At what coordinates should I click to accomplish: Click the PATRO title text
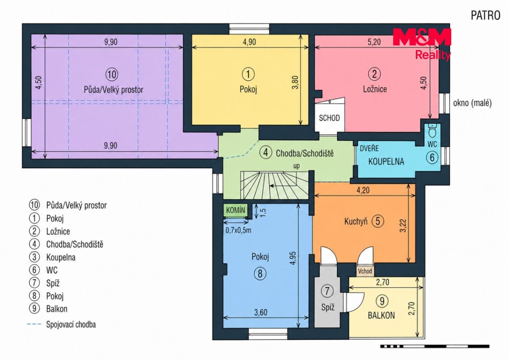(486, 16)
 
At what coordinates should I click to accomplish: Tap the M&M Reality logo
(422, 44)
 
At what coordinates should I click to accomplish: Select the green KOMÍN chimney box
(236, 210)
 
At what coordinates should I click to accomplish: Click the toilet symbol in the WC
(432, 131)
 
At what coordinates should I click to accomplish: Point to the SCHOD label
(329, 118)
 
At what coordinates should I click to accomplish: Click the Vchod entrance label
(365, 271)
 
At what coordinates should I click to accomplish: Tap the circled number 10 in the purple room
(112, 74)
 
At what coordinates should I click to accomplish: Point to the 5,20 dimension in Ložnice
(374, 42)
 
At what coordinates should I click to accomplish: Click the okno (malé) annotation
(472, 103)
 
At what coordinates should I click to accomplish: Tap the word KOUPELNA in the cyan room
(386, 161)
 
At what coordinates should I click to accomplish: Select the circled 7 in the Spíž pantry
(327, 291)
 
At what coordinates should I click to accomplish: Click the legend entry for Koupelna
(61, 258)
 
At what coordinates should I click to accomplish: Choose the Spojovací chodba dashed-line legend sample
(34, 324)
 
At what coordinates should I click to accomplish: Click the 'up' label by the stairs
(296, 166)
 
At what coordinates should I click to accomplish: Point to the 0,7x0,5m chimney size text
(238, 230)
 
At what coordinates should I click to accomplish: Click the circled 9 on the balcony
(382, 301)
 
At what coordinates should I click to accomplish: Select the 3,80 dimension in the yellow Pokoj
(296, 82)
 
